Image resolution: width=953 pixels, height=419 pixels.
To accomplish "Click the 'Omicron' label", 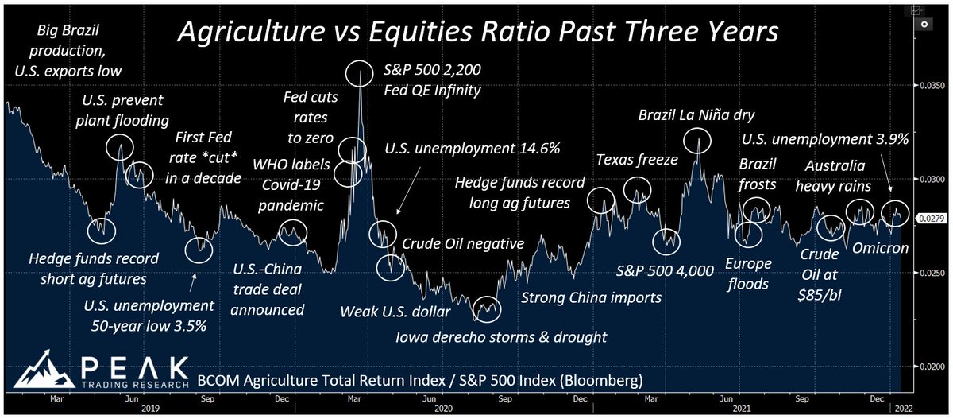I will click(x=879, y=249).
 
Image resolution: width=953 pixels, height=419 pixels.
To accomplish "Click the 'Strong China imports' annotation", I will click(x=590, y=298).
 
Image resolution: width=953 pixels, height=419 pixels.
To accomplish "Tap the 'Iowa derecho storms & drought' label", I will click(x=501, y=336).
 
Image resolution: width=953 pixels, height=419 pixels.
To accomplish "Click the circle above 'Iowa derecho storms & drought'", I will click(x=486, y=306).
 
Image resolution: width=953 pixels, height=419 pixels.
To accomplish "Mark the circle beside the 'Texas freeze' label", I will click(x=637, y=189).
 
